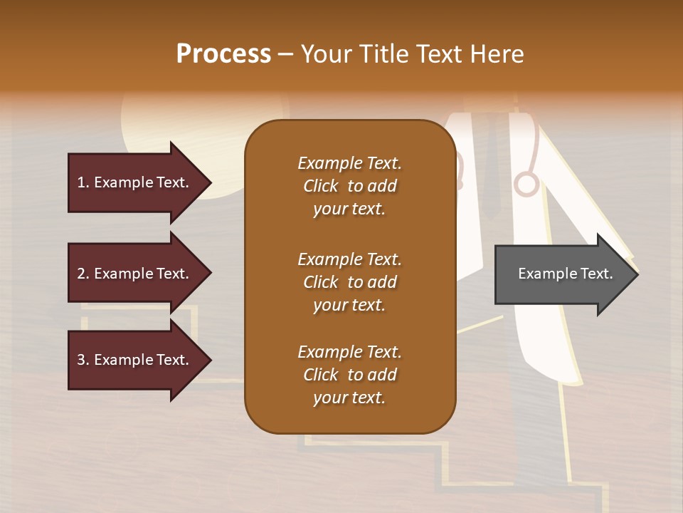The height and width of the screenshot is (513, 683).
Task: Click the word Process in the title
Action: pos(223,54)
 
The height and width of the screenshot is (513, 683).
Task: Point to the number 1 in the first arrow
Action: pos(82,182)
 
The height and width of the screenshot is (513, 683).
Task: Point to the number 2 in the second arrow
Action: pos(82,274)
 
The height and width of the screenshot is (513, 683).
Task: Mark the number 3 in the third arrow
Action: pos(82,360)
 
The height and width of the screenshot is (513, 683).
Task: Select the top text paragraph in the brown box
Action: pos(349,186)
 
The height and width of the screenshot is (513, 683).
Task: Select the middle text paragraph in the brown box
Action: pos(349,282)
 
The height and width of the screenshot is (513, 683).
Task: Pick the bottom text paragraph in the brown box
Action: pos(349,375)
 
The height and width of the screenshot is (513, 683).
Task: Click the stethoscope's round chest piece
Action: pos(526,184)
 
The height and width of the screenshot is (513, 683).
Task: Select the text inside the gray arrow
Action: pos(565,274)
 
